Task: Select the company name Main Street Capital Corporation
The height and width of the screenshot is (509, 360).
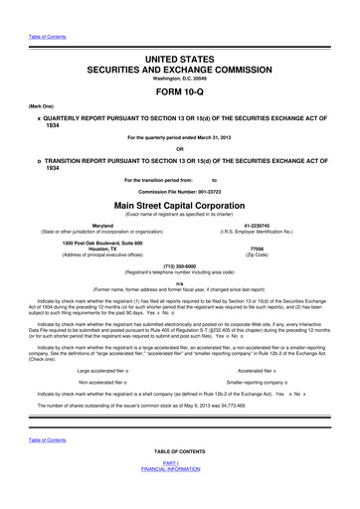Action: tap(180, 205)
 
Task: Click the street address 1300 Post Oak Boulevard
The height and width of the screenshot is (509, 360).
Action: tap(102, 244)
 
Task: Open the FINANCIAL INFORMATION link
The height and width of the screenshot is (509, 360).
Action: tap(180, 494)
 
